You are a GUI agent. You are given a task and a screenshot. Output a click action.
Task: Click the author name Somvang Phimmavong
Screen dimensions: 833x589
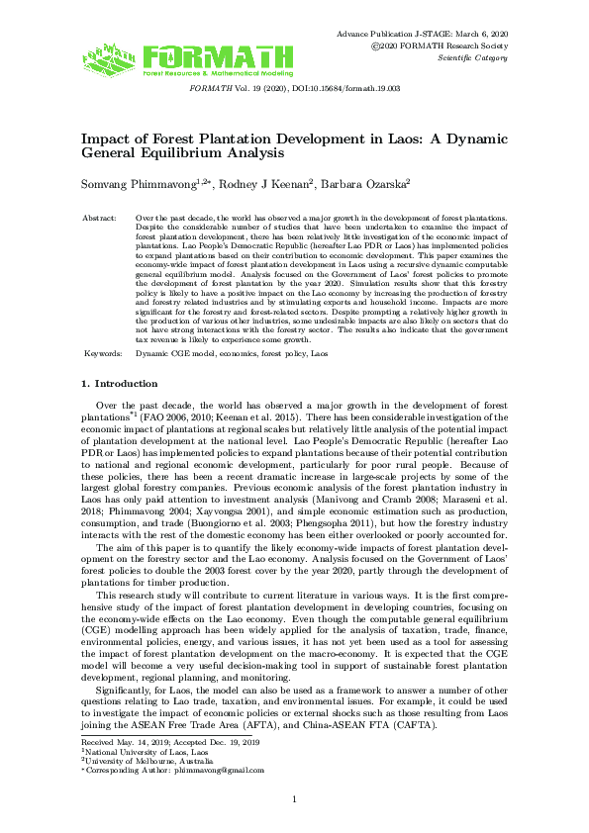[132, 183]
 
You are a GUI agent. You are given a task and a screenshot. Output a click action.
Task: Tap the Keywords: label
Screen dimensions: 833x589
[102, 353]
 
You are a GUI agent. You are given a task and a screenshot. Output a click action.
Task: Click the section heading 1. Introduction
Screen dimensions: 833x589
[119, 383]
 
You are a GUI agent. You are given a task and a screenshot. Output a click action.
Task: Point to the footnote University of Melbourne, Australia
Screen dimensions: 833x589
[147, 759]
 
